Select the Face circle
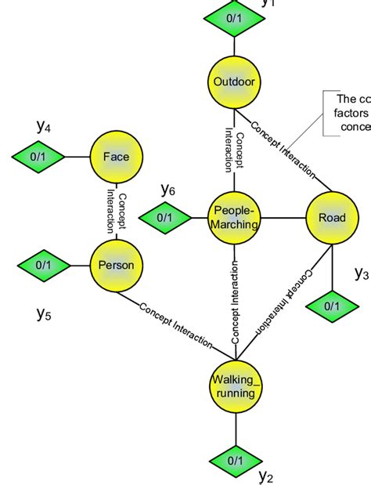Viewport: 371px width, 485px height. (x=116, y=157)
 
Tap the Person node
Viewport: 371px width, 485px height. (x=116, y=265)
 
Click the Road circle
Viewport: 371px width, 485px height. (x=331, y=218)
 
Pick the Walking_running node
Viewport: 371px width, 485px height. (x=235, y=386)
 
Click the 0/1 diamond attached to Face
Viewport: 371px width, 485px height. (x=38, y=157)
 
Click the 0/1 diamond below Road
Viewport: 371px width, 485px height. (x=332, y=305)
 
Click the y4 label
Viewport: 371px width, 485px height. (x=44, y=125)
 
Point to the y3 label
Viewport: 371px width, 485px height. (x=361, y=273)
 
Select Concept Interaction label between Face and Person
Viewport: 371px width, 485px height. (x=115, y=210)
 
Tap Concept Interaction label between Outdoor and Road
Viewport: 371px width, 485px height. (x=283, y=148)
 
